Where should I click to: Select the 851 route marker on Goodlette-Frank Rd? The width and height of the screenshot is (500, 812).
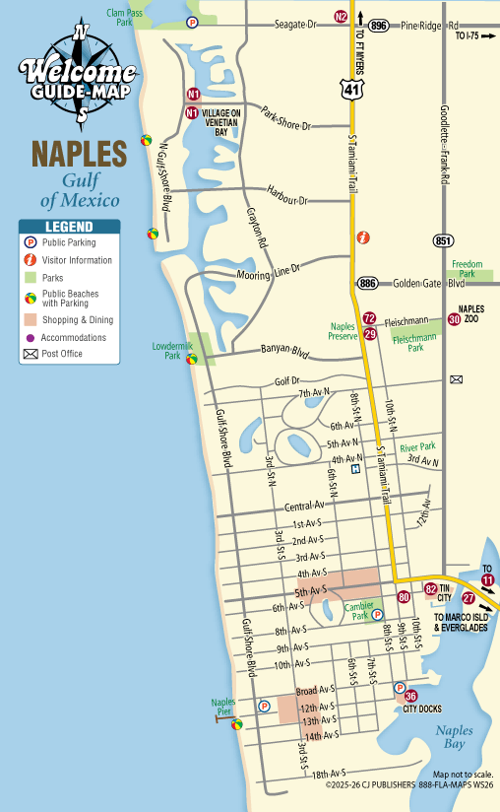(x=443, y=240)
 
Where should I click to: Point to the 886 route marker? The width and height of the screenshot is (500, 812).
(x=368, y=283)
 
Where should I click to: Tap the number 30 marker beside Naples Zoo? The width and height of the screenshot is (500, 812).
(x=454, y=318)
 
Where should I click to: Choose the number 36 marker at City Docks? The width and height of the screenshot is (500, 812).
(x=410, y=697)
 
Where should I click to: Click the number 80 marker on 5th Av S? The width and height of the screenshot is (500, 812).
(x=404, y=597)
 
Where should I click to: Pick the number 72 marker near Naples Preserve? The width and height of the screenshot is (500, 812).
(x=369, y=318)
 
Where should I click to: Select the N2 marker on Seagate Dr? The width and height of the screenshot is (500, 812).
(x=341, y=16)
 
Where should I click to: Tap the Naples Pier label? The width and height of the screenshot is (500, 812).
(x=224, y=707)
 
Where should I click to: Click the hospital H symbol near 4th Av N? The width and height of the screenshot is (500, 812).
(x=355, y=469)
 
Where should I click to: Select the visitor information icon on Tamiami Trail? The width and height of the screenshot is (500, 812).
(x=363, y=237)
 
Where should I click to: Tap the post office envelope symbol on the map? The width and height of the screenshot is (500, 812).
(x=456, y=379)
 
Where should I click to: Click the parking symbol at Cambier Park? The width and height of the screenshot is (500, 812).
(x=377, y=614)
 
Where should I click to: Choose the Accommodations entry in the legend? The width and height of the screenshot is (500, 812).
(x=74, y=337)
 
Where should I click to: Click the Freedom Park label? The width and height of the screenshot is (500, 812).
(x=468, y=268)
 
